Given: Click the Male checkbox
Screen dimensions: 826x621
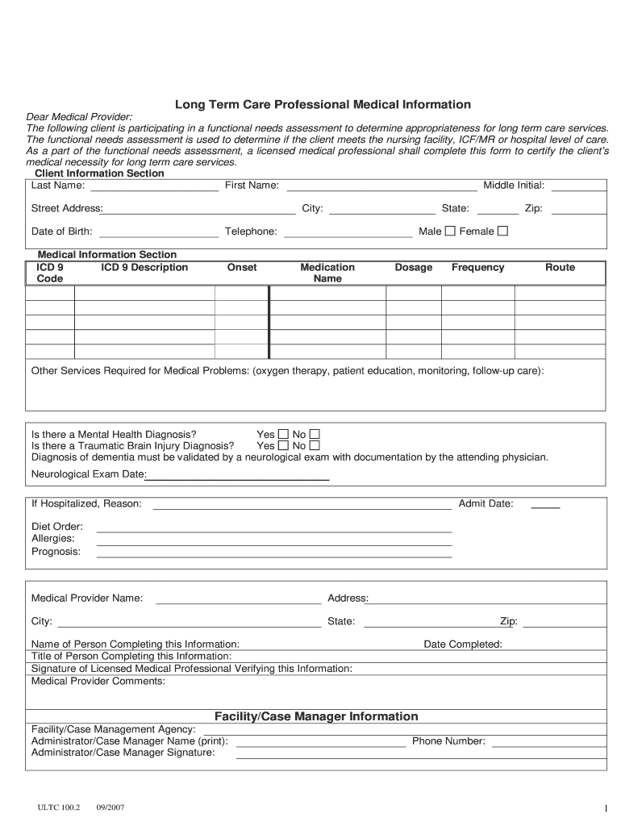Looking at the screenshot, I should pyautogui.click(x=450, y=232).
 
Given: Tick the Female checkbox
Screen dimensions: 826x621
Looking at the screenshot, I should pyautogui.click(x=503, y=232).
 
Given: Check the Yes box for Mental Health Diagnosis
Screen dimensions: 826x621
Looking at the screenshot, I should pyautogui.click(x=283, y=434).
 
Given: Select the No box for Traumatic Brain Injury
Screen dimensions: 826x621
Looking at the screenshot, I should pyautogui.click(x=315, y=445).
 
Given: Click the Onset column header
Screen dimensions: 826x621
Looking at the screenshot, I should pyautogui.click(x=242, y=268).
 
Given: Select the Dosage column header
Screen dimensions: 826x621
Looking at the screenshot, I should pyautogui.click(x=413, y=268).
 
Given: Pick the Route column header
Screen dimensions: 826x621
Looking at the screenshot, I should pyautogui.click(x=560, y=268).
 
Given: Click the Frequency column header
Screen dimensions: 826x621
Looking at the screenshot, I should pyautogui.click(x=477, y=268).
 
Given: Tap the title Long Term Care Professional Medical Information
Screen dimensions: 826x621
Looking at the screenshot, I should pyautogui.click(x=323, y=105).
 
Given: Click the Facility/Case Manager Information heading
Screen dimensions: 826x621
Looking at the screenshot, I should pyautogui.click(x=316, y=716).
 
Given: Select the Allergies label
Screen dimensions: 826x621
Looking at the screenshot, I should pyautogui.click(x=53, y=538).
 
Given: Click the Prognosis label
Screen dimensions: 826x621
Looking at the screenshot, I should pyautogui.click(x=56, y=552).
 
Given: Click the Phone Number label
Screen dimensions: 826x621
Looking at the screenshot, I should pyautogui.click(x=448, y=741).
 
